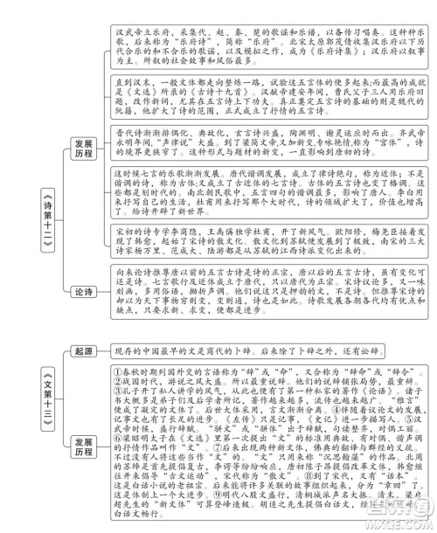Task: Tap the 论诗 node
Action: tap(84, 291)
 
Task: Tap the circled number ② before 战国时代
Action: tap(120, 382)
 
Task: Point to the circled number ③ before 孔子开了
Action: tap(120, 392)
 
